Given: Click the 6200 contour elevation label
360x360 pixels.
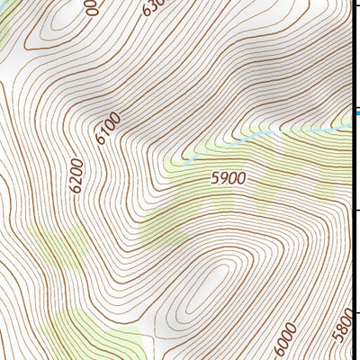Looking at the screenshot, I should pos(76,175).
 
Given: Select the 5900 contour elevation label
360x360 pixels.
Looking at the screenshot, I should pos(228,178).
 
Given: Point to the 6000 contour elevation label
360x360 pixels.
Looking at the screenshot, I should pos(285,341).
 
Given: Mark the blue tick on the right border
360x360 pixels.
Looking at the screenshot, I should pos(356,112).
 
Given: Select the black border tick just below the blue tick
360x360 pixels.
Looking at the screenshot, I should pos(355,209).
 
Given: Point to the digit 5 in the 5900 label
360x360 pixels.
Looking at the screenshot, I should pos(215,178).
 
